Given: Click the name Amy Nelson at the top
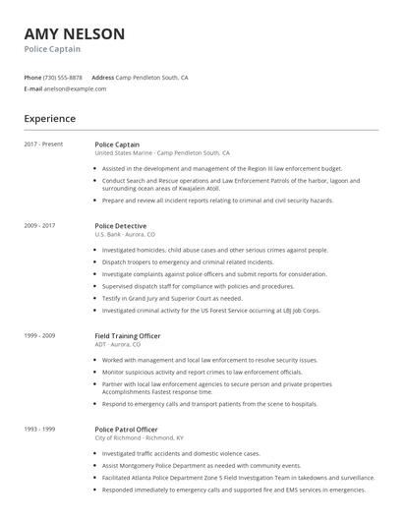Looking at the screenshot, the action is pyautogui.click(x=75, y=34).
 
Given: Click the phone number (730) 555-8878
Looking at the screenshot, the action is pyautogui.click(x=64, y=77).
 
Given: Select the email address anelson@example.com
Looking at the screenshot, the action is pyautogui.click(x=76, y=88).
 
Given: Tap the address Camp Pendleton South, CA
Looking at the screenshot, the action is pyautogui.click(x=152, y=77).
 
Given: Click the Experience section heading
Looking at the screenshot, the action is pyautogui.click(x=49, y=119).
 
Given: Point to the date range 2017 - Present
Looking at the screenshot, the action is pyautogui.click(x=43, y=145).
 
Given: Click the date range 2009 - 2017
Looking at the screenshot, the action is pyautogui.click(x=39, y=225).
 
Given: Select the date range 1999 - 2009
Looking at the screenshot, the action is pyautogui.click(x=39, y=335).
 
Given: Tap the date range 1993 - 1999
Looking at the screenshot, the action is pyautogui.click(x=39, y=429).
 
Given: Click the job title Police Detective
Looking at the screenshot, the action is pyautogui.click(x=121, y=225).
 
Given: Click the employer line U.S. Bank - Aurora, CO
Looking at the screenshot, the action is pyautogui.click(x=127, y=235).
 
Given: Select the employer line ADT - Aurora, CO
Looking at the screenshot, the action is pyautogui.click(x=120, y=345).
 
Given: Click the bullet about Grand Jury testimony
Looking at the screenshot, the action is pyautogui.click(x=173, y=298).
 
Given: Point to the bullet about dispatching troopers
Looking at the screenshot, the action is pyautogui.click(x=187, y=262).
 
